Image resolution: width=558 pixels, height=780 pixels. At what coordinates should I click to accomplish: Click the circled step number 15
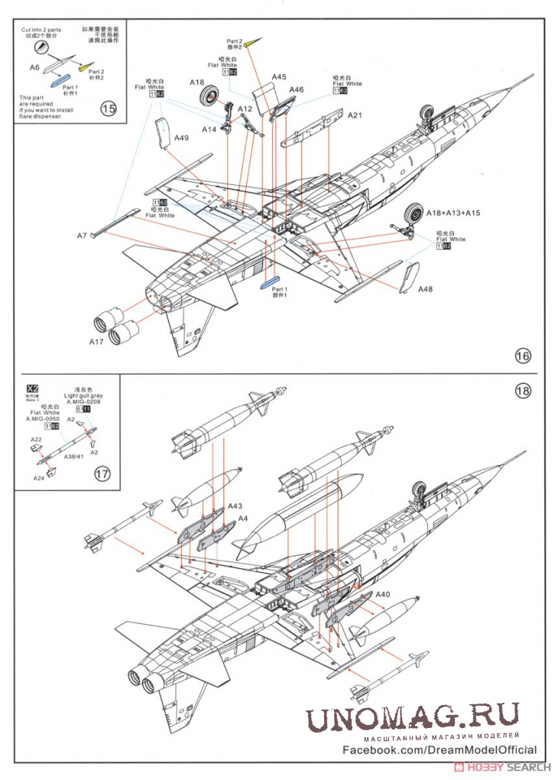coord(109,109)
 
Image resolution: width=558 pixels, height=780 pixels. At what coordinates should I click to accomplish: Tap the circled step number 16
coord(523,356)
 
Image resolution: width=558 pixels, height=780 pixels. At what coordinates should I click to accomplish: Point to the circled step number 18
coord(523,391)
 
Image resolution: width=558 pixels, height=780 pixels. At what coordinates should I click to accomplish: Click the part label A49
coord(181,138)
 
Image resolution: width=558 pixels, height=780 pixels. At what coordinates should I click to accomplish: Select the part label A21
coord(355,115)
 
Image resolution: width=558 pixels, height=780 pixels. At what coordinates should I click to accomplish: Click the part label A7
coord(82,236)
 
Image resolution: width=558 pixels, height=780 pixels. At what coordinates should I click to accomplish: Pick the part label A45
coord(279,76)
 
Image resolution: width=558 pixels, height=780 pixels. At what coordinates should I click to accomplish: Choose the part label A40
coord(383,594)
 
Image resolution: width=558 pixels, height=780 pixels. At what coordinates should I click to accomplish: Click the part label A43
coord(235,506)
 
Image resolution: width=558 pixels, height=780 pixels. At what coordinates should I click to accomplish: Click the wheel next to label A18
coord(209,97)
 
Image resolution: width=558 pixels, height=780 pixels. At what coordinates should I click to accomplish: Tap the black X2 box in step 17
coord(32,388)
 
